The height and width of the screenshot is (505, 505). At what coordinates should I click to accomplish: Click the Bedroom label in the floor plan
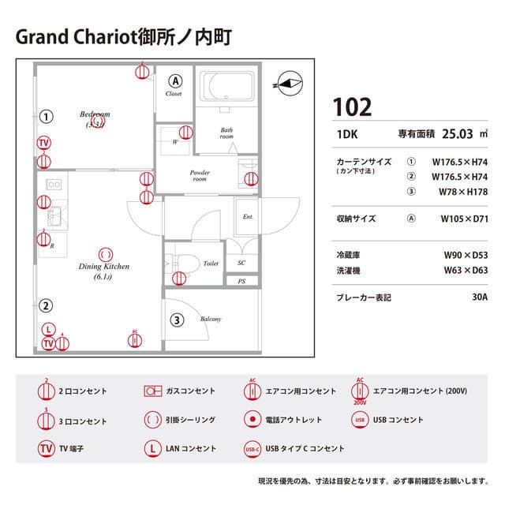point(95,114)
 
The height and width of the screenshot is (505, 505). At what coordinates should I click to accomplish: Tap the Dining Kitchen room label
point(103,267)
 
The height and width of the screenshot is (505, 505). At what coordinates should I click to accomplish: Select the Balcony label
point(210,319)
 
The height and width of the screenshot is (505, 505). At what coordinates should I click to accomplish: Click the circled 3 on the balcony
point(178,320)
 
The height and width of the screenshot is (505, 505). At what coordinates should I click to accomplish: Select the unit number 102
point(352,107)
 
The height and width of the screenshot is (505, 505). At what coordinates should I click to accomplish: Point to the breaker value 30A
point(479,298)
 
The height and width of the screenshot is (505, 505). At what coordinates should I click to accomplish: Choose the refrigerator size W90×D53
point(466,255)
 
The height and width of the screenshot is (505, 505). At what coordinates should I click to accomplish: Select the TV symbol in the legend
point(47,449)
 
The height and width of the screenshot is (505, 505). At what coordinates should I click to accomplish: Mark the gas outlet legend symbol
point(153,391)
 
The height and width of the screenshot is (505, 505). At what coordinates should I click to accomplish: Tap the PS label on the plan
point(241,281)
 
